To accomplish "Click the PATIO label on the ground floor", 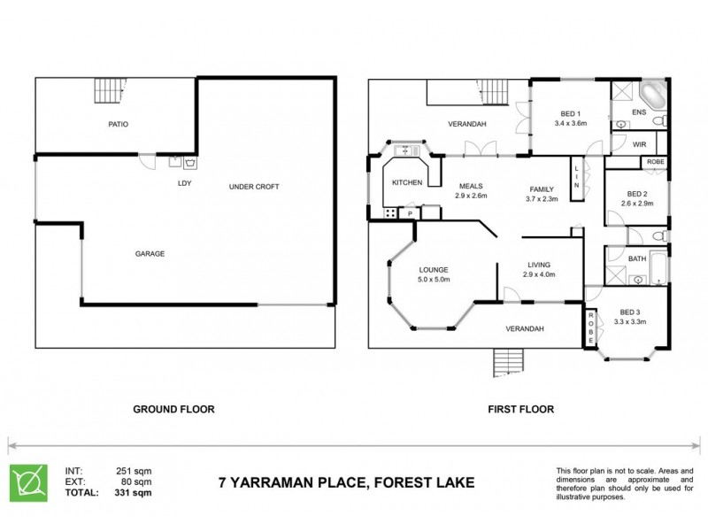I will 119,125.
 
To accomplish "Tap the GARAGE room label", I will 151,253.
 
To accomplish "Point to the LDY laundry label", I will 185,184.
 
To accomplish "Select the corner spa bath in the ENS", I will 653,95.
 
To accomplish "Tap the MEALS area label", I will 470,186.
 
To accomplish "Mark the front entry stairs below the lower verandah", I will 507,361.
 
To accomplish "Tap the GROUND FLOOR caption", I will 173,410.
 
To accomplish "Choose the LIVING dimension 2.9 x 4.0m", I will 538,274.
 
